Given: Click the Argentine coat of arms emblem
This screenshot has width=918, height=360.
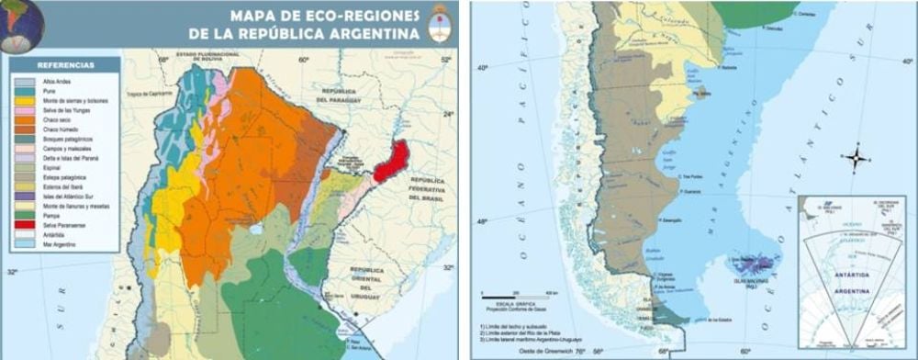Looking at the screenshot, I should [439, 26].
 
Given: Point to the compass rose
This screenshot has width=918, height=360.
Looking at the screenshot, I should [856, 158].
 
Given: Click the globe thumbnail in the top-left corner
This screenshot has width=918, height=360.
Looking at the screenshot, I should [20, 21].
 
